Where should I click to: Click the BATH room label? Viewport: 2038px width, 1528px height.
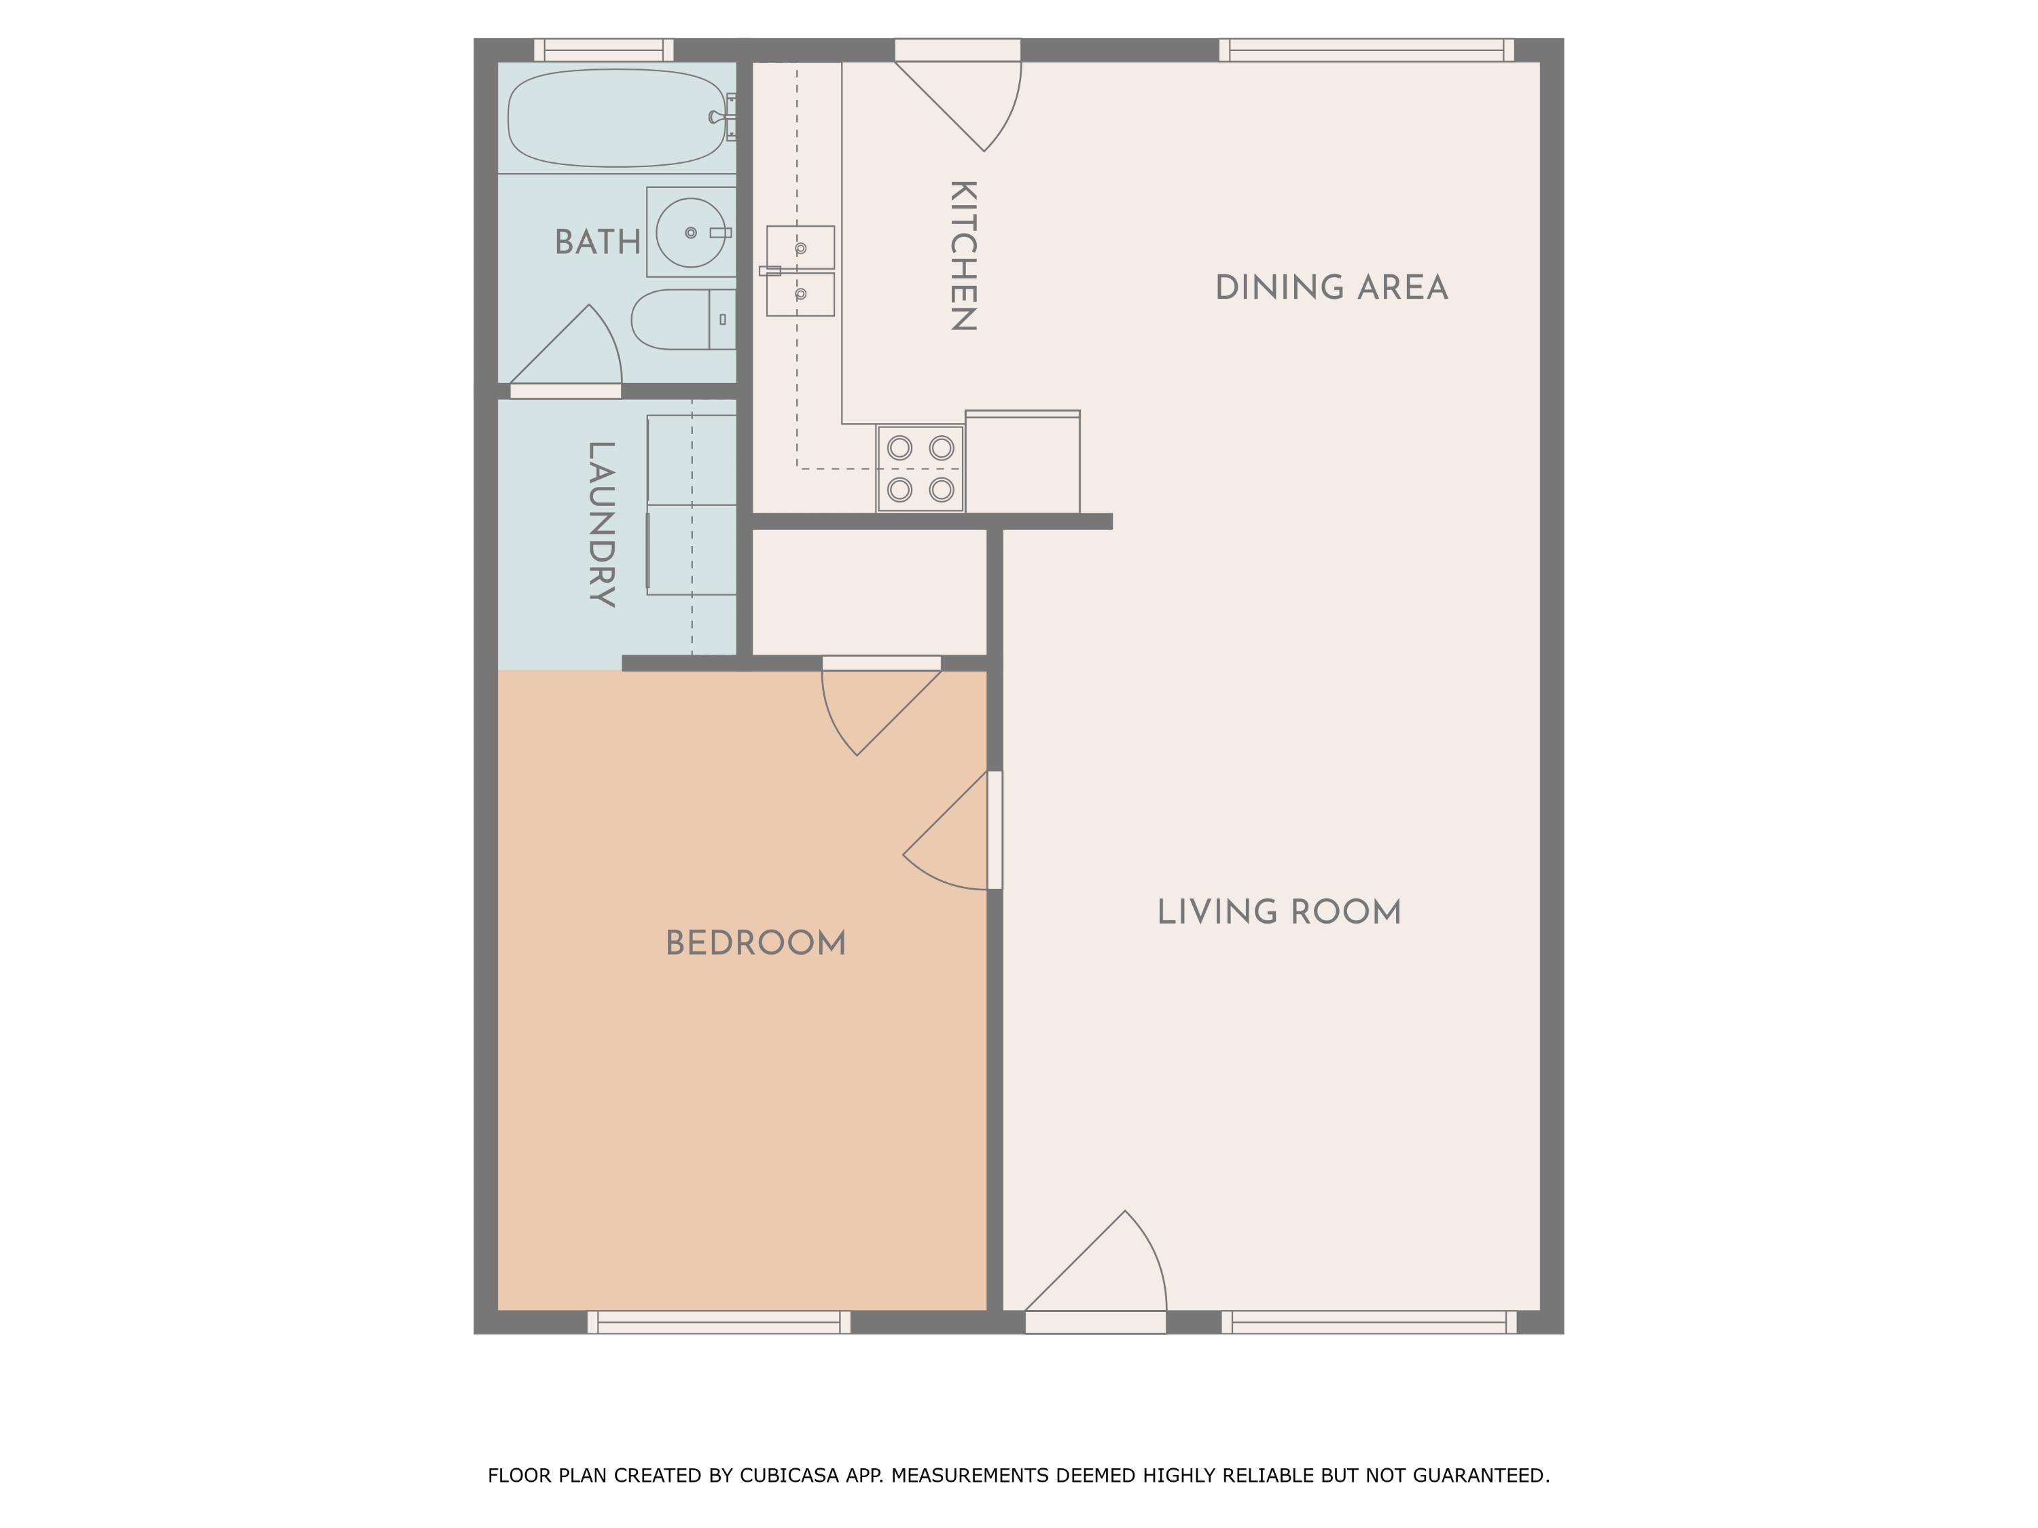597,242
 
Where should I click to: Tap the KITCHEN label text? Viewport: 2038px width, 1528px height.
962,256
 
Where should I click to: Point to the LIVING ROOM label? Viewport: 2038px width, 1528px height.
1279,913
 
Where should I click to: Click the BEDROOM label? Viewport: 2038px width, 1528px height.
755,943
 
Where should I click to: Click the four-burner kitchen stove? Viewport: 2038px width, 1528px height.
920,469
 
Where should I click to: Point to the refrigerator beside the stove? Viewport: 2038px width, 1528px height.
1022,463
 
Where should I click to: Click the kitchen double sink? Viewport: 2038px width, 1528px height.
800,271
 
